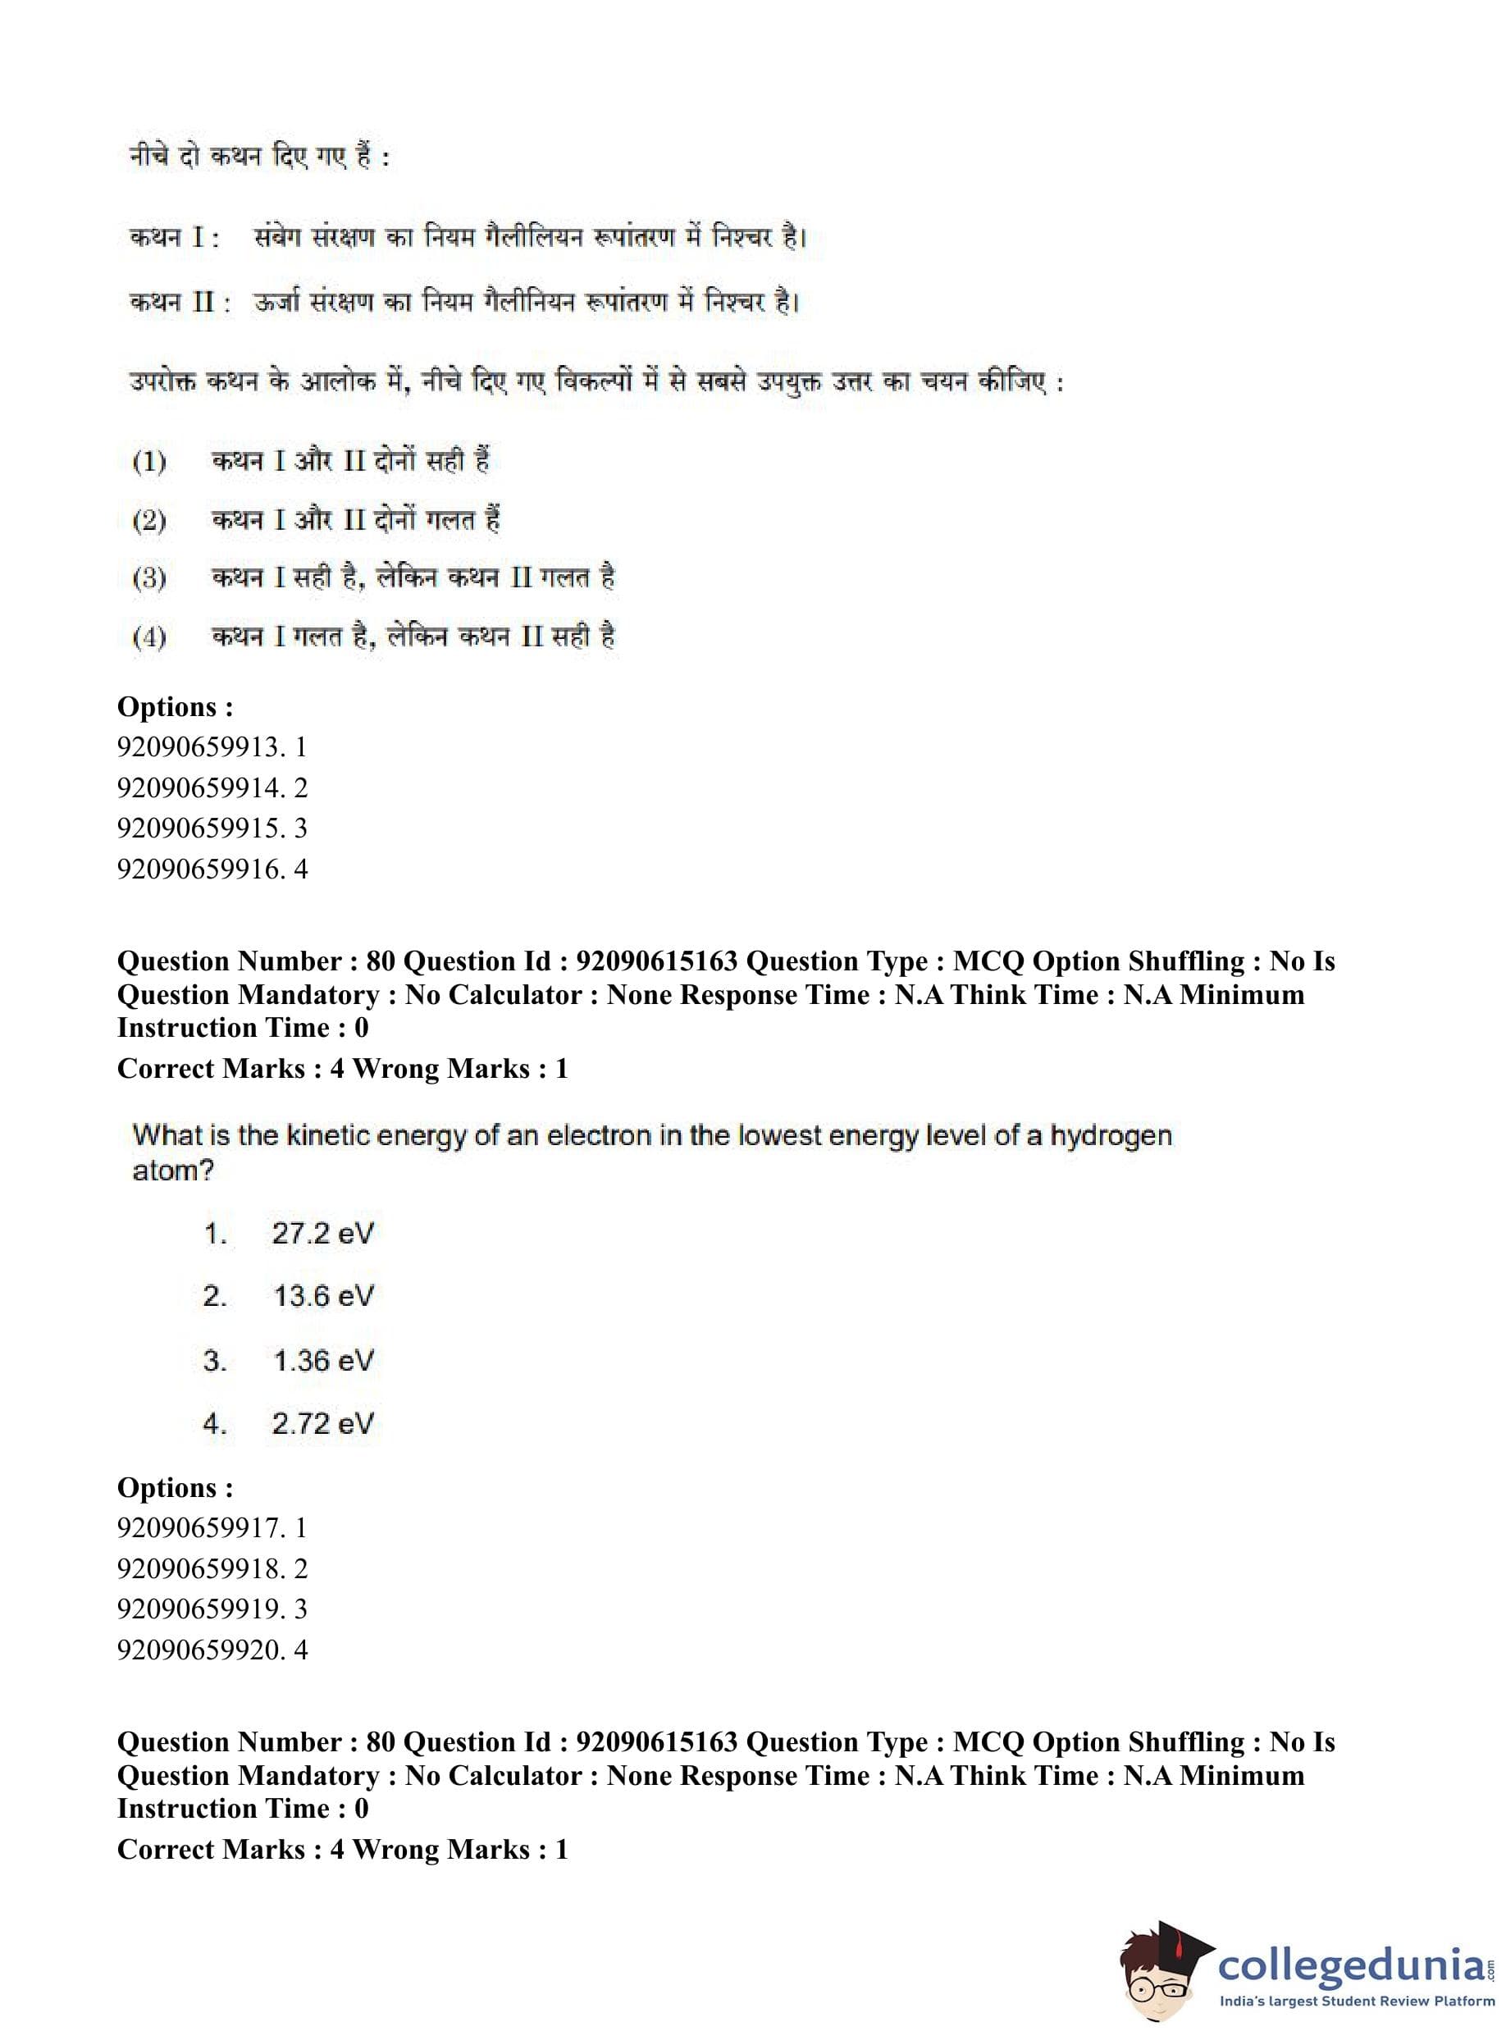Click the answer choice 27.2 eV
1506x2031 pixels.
[x=322, y=1234]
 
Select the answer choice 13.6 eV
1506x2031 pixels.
[x=322, y=1295]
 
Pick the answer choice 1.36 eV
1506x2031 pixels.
[x=322, y=1360]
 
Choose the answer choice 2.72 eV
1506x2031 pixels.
[x=322, y=1423]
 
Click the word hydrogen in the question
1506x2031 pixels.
[x=1111, y=1137]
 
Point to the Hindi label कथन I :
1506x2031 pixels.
[x=174, y=238]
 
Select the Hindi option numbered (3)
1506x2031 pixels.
[x=374, y=578]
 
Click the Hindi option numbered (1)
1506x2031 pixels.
[x=310, y=461]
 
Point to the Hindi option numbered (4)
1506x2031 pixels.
[x=374, y=637]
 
